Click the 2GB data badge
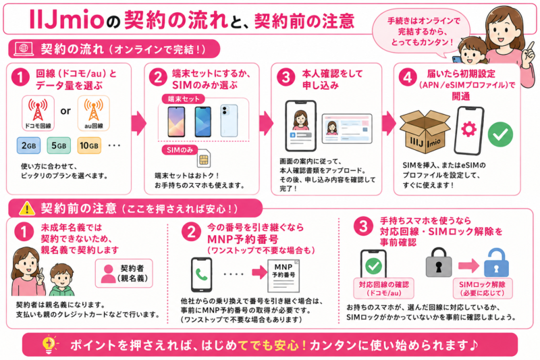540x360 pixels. click(28, 145)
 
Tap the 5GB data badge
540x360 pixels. click(59, 145)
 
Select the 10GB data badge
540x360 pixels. click(89, 145)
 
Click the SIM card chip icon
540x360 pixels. click(204, 159)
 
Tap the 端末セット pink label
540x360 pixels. click(183, 99)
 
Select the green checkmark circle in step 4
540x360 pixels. click(500, 134)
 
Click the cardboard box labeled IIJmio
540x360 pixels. click(425, 132)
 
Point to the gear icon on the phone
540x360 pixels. click(468, 130)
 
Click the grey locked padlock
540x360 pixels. click(438, 263)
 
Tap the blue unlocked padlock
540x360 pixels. click(496, 263)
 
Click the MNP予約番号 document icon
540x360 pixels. click(283, 276)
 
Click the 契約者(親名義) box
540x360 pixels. click(124, 273)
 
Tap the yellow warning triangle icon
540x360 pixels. click(27, 208)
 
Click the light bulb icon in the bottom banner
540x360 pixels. click(49, 344)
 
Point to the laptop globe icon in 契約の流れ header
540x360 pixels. click(24, 49)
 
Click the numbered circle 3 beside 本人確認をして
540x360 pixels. click(286, 77)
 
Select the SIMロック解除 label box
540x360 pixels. click(483, 288)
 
